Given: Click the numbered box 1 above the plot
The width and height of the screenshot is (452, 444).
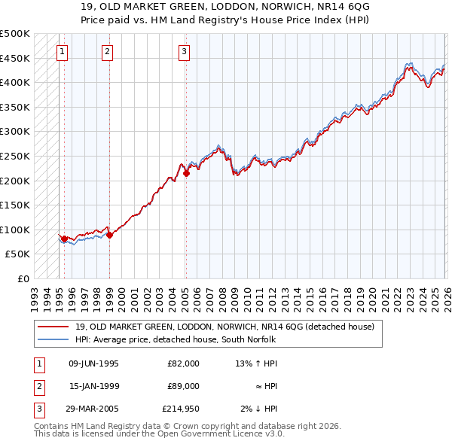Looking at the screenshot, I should [x=62, y=51].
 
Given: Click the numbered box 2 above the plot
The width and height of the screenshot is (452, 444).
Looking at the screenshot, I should [x=108, y=51].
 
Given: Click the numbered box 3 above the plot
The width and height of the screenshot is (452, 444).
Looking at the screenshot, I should [x=184, y=51].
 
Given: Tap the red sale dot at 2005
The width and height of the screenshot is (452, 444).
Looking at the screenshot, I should [x=186, y=174].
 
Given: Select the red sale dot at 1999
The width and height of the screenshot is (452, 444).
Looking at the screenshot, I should [x=109, y=235].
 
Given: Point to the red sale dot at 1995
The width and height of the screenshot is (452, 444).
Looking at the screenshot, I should [x=64, y=239].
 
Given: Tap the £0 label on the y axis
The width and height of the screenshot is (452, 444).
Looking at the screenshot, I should [x=23, y=278].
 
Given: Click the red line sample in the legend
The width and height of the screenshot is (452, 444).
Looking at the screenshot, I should [x=53, y=327].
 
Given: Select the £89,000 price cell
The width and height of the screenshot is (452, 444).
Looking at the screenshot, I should [x=183, y=386].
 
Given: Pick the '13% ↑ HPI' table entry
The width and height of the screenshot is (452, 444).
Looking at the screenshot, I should [x=256, y=363].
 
